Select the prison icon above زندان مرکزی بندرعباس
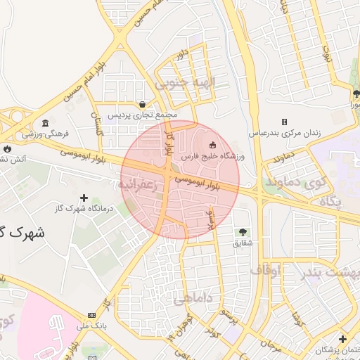pyautogui.click(x=284, y=122)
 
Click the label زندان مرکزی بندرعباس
pyautogui.click(x=284, y=132)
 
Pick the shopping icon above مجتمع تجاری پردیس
pyautogui.click(x=143, y=104)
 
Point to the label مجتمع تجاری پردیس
pyautogui.click(x=143, y=115)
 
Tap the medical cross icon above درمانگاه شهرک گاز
pyautogui.click(x=84, y=199)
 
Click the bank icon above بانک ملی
pyautogui.click(x=91, y=315)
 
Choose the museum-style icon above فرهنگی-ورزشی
pyautogui.click(x=46, y=123)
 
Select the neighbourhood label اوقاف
pyautogui.click(x=265, y=270)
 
